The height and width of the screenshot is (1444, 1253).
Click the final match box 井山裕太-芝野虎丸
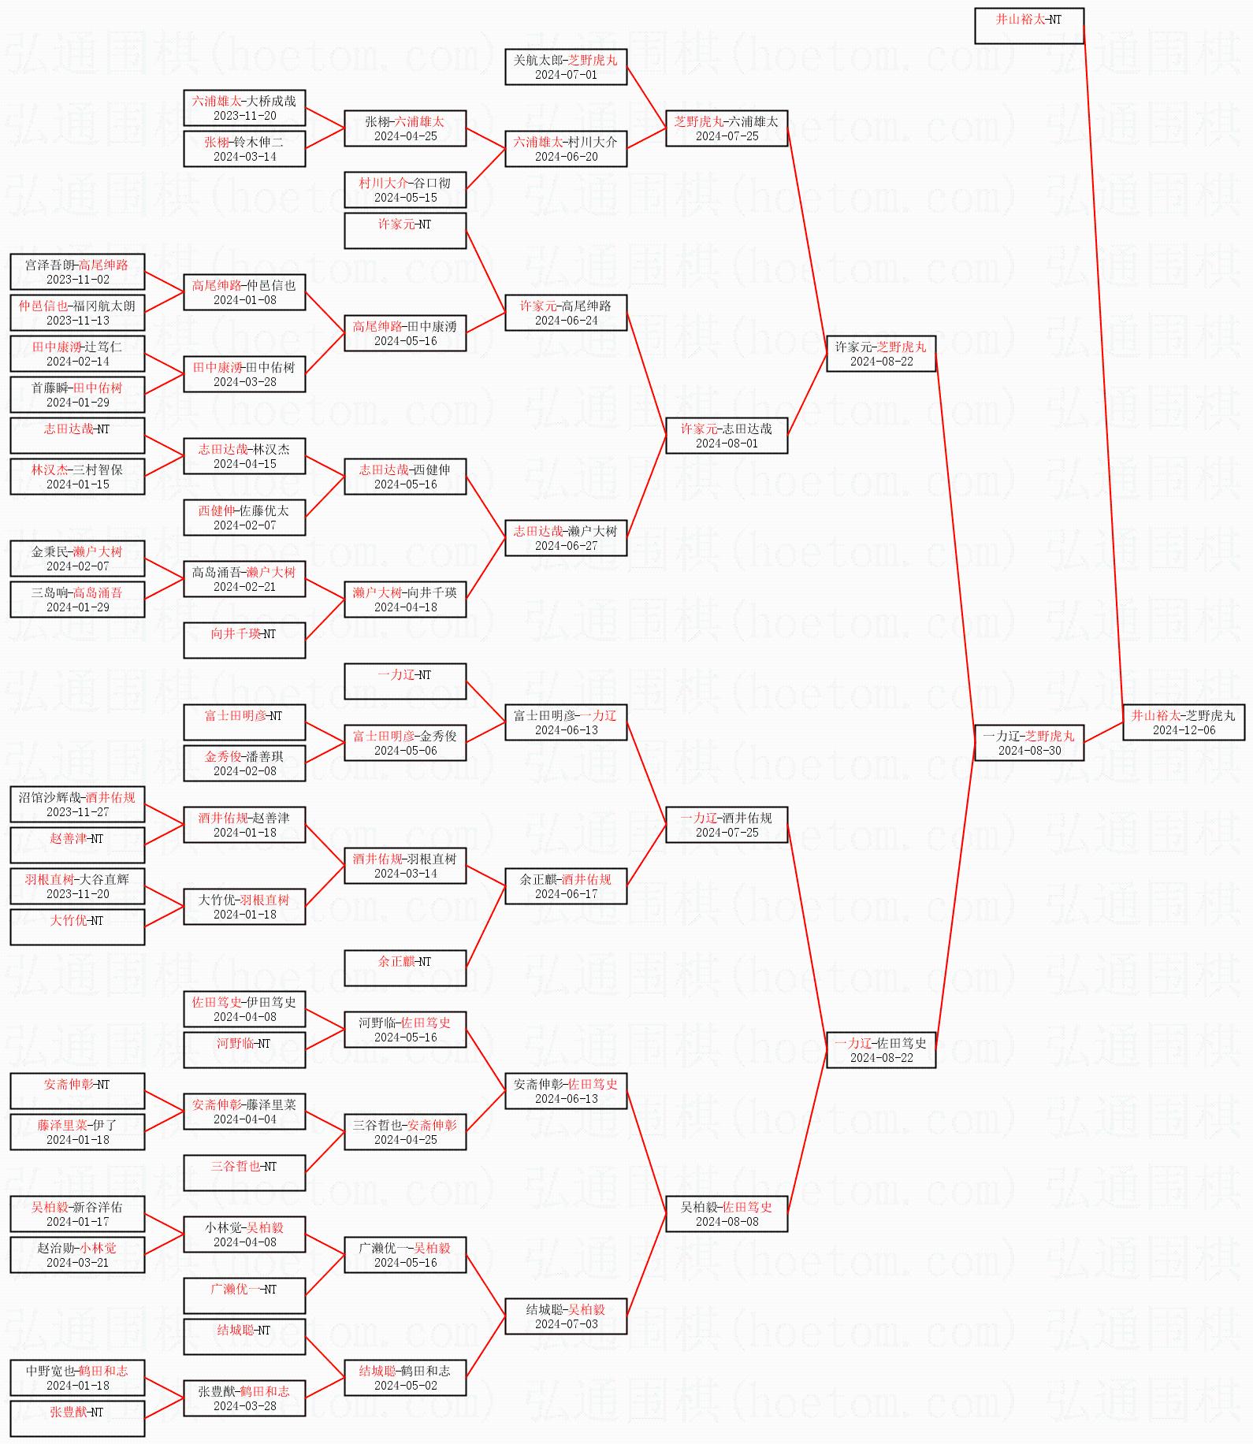[x=1183, y=722]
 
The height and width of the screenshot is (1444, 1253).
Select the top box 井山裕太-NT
[x=1028, y=26]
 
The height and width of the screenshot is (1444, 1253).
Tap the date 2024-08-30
[x=1029, y=751]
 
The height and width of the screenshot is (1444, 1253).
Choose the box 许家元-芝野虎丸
[x=880, y=353]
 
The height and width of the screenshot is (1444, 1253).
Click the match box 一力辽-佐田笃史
[x=880, y=1049]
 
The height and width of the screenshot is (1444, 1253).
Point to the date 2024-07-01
[x=566, y=75]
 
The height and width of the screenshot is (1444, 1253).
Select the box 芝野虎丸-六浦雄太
[x=726, y=128]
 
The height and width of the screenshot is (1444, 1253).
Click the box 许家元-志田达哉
[x=726, y=435]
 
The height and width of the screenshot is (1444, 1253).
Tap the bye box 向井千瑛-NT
[x=244, y=640]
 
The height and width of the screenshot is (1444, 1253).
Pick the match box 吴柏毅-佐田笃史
[x=726, y=1213]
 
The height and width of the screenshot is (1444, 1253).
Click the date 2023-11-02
[x=77, y=280]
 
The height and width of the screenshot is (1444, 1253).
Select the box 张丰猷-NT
[x=77, y=1418]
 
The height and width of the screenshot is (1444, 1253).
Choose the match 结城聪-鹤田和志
[x=405, y=1377]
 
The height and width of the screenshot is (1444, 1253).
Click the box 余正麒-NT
[x=405, y=967]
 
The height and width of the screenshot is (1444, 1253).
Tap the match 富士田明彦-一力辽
[x=566, y=722]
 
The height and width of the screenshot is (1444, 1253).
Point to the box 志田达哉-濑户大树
[x=566, y=537]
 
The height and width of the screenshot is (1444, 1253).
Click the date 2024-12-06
[x=1184, y=730]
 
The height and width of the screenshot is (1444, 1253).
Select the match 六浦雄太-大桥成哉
[x=244, y=107]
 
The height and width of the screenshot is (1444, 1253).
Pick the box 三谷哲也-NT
[x=244, y=1172]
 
